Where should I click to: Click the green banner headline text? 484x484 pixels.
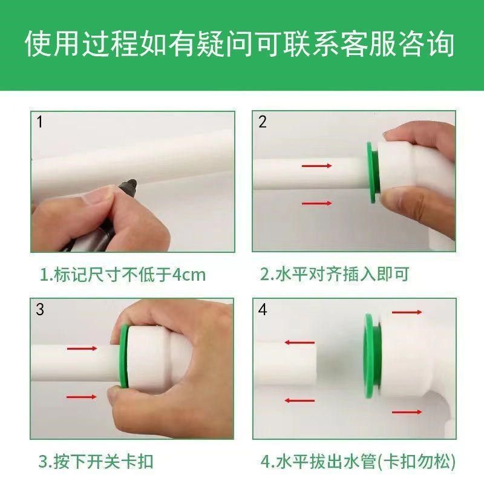(x=242, y=44)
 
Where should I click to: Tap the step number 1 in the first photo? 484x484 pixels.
(x=40, y=123)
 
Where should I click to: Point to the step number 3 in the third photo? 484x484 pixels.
(x=40, y=310)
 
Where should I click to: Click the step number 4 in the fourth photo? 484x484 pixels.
(x=262, y=310)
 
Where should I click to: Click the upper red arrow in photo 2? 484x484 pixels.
(x=316, y=165)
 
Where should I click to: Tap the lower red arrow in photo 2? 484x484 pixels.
(x=316, y=203)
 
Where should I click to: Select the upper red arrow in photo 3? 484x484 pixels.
(x=82, y=348)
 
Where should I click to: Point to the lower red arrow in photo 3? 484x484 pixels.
(x=82, y=397)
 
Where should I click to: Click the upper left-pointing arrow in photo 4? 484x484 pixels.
(x=299, y=342)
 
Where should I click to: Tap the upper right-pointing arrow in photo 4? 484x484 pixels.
(x=407, y=312)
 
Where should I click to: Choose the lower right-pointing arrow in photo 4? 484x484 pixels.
(x=407, y=412)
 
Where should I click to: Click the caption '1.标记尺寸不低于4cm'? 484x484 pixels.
(x=123, y=275)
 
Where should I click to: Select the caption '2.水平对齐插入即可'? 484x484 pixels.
(x=335, y=275)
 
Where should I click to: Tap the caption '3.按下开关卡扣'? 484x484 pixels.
(x=96, y=462)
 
